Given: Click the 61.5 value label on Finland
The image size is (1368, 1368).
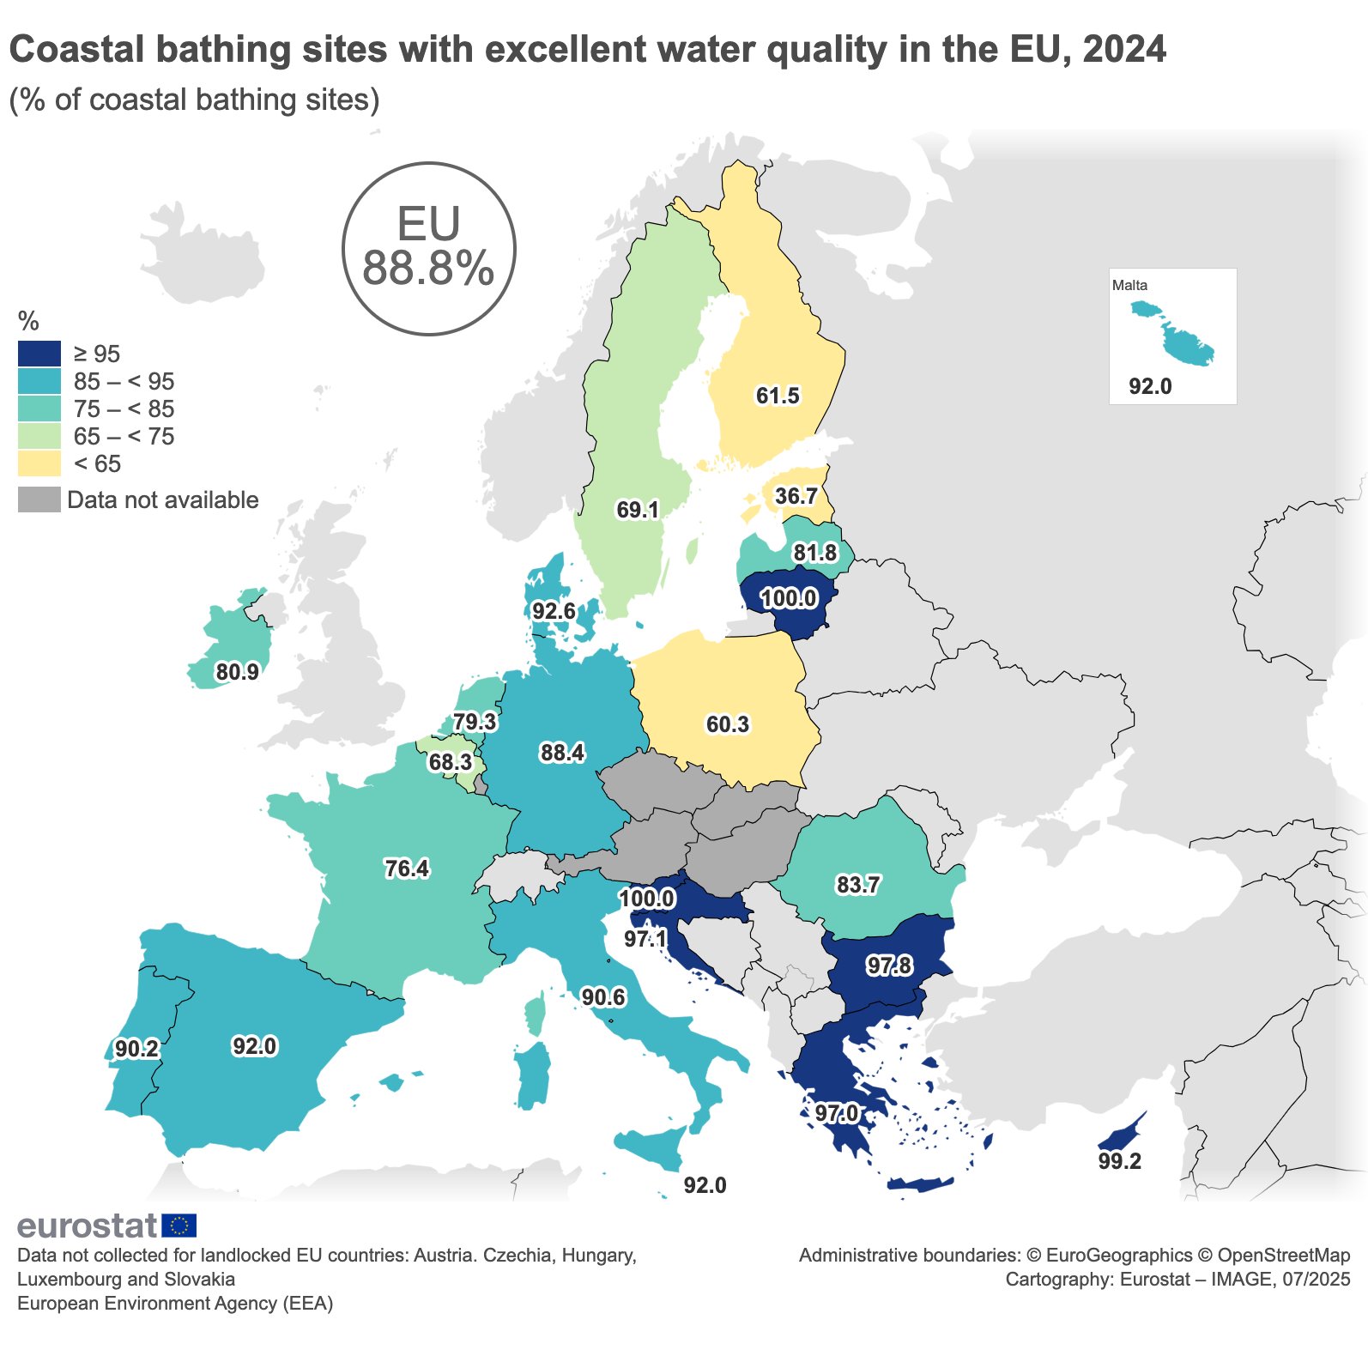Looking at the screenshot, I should click(x=778, y=396).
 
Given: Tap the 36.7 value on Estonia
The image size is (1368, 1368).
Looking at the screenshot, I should click(x=796, y=496).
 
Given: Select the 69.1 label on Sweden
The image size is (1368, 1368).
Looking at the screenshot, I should click(x=638, y=510).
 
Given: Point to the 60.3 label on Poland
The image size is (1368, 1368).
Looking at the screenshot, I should click(x=728, y=724).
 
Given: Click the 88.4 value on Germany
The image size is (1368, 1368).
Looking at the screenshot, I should click(x=562, y=753).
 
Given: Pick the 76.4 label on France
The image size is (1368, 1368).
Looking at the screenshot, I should click(x=407, y=869).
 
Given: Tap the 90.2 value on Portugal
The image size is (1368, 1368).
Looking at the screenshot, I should click(x=136, y=1049).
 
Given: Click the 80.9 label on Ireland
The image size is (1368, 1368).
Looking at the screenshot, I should click(x=238, y=672).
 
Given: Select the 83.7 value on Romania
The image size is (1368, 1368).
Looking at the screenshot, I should click(x=858, y=884).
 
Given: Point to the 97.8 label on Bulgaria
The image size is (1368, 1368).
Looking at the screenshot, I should click(x=889, y=965).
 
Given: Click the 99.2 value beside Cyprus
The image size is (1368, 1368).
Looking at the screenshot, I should click(x=1120, y=1161).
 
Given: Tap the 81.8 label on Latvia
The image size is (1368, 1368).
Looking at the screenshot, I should click(x=815, y=553).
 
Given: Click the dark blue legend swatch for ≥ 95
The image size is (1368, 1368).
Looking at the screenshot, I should click(x=39, y=354).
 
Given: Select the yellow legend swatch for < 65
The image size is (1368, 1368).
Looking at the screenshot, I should click(x=39, y=463).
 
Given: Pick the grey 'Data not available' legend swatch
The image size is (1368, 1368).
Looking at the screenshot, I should click(x=39, y=499).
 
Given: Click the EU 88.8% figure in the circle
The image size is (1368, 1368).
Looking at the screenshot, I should click(x=428, y=249).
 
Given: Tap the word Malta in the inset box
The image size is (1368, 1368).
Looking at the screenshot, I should click(x=1129, y=285).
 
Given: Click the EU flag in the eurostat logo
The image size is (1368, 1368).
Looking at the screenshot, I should click(x=179, y=1226).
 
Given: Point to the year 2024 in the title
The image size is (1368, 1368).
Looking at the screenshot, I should click(x=1124, y=50).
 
